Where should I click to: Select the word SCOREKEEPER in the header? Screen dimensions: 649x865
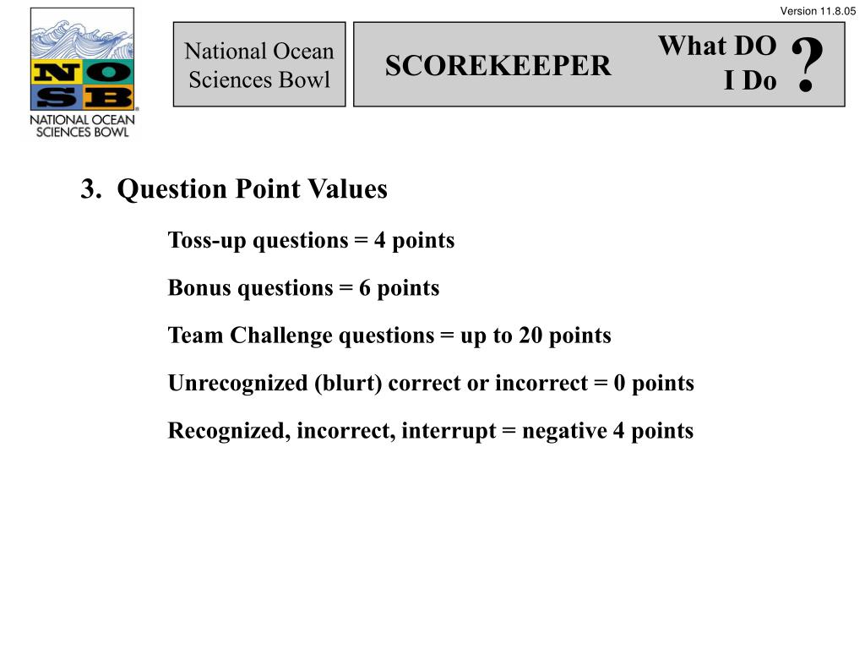498,66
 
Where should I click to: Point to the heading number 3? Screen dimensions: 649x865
89,189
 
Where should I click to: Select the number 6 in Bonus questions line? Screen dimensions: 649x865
365,288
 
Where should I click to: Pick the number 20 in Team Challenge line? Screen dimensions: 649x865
530,335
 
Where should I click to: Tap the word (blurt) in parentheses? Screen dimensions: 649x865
350,384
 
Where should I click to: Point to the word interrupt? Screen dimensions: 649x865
449,431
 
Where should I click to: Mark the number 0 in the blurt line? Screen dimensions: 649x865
620,384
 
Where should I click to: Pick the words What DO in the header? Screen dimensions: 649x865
716,46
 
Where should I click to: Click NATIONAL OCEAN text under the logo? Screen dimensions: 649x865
82,119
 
